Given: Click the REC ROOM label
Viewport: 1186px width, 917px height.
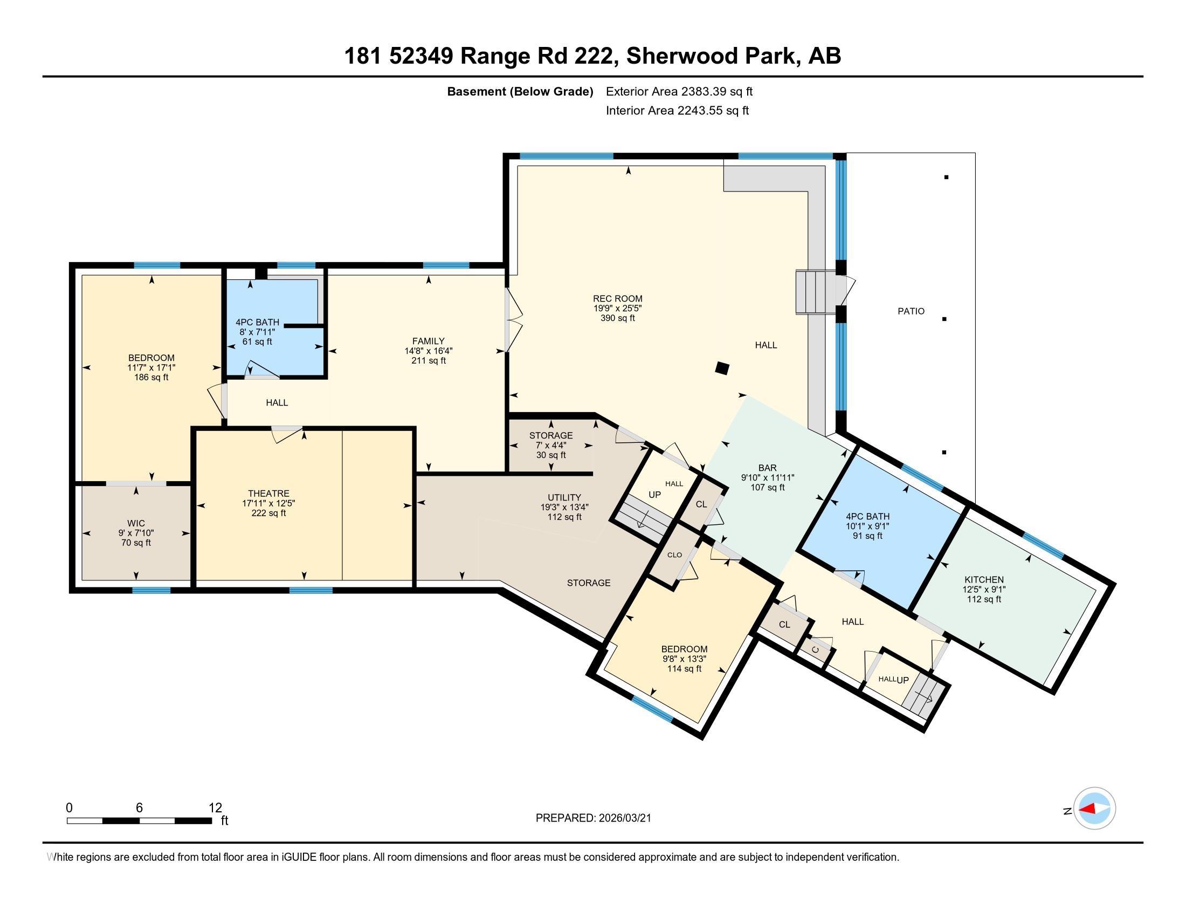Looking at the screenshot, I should click(x=617, y=298).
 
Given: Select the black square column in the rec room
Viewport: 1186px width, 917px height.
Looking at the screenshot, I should click(x=721, y=368).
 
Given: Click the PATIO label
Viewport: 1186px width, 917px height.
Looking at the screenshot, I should click(x=911, y=311).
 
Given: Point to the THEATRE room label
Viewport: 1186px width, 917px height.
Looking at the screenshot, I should click(x=268, y=493).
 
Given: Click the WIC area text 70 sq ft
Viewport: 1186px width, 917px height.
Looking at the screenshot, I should click(x=136, y=543).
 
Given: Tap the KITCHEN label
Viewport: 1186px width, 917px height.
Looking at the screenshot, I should click(x=983, y=580).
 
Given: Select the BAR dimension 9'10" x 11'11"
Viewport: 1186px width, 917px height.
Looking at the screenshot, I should click(x=767, y=477).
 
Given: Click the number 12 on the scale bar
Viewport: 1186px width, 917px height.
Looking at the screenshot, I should click(x=215, y=808).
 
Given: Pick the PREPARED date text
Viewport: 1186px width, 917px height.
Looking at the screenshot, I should click(x=593, y=818).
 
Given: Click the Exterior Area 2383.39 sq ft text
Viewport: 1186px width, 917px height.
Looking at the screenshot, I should click(x=679, y=91).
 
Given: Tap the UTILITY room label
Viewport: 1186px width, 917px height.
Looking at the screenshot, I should click(x=564, y=497).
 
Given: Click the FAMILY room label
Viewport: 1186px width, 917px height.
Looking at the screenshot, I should click(x=428, y=341).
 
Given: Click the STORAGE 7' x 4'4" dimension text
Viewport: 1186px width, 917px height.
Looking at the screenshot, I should click(x=550, y=446).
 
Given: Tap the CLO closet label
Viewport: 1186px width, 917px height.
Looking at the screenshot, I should click(x=674, y=555).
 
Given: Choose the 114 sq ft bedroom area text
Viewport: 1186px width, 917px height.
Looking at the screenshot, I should click(x=684, y=669).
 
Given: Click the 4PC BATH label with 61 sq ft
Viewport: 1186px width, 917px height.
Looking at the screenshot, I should click(x=257, y=322).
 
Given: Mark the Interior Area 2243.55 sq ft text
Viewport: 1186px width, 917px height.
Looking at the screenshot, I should click(x=677, y=111).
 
